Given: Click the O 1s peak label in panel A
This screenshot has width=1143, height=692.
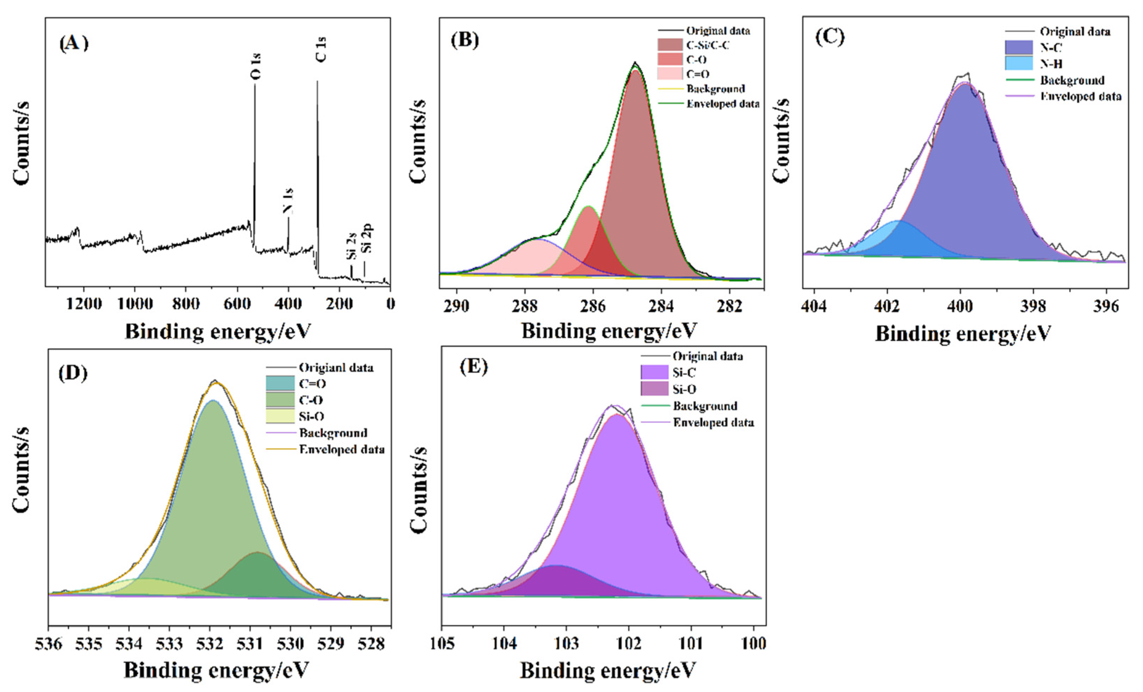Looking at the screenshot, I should click(x=255, y=66).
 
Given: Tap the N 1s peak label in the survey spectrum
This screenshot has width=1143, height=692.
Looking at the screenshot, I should click(x=288, y=201).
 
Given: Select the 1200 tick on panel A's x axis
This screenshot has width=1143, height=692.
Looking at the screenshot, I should click(x=84, y=304).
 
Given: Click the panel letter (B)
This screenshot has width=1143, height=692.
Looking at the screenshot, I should click(x=465, y=41).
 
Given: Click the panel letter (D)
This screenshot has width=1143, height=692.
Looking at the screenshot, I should click(x=73, y=373).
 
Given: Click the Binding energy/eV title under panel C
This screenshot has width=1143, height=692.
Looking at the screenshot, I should click(x=963, y=334).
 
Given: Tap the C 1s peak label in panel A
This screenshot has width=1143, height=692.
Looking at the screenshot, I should click(x=321, y=49).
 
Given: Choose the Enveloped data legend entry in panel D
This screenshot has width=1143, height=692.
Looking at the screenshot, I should click(x=342, y=449).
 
